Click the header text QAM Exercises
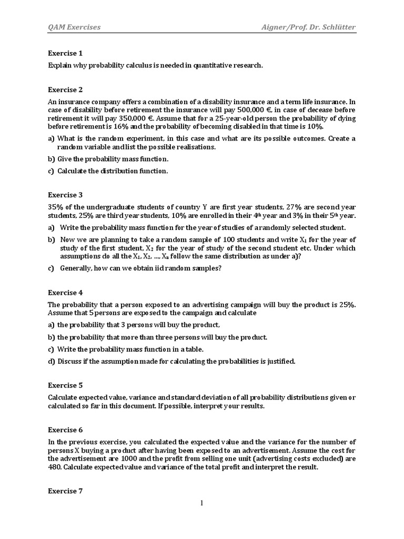[x=74, y=27]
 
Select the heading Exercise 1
[x=65, y=53]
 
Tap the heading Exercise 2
[x=65, y=89]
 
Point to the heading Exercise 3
[x=65, y=195]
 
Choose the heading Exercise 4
[x=65, y=293]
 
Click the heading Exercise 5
[x=65, y=385]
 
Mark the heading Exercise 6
[x=65, y=430]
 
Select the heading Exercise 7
[x=65, y=491]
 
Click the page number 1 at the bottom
[x=201, y=503]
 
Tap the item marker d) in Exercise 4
[x=52, y=361]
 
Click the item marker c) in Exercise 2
[x=52, y=171]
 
